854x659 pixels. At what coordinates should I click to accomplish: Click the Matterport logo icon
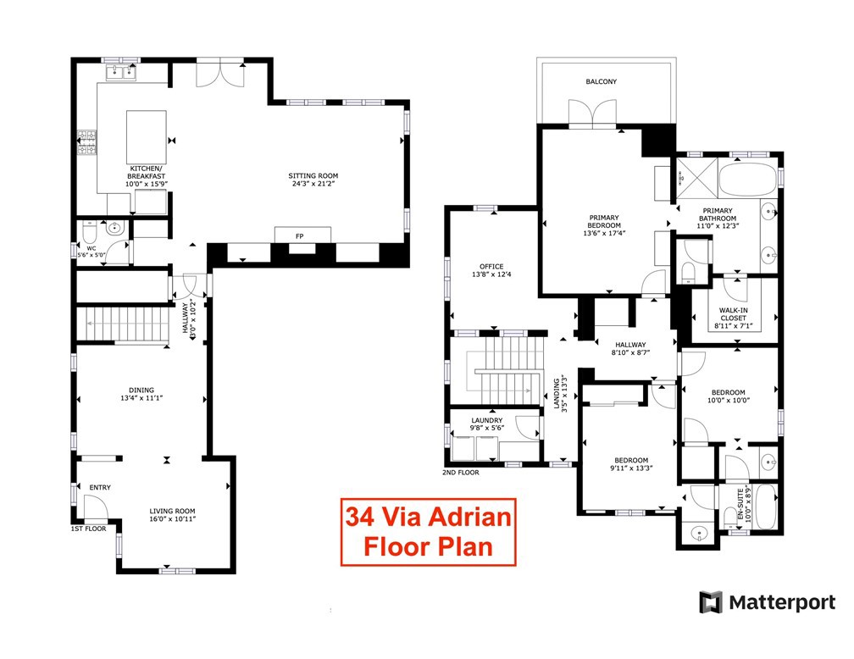pos(711,602)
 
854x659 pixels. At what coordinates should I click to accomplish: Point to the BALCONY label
pos(601,82)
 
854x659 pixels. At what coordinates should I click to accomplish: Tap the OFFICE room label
pos(491,267)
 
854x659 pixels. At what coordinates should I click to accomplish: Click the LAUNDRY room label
pos(486,420)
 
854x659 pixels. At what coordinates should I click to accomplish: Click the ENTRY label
pos(100,487)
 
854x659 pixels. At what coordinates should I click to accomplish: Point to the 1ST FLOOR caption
pos(89,528)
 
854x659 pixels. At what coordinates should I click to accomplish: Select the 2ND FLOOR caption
pos(461,473)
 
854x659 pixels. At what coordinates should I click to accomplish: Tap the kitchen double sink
pos(120,73)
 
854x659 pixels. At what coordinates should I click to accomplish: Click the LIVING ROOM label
pos(173,511)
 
